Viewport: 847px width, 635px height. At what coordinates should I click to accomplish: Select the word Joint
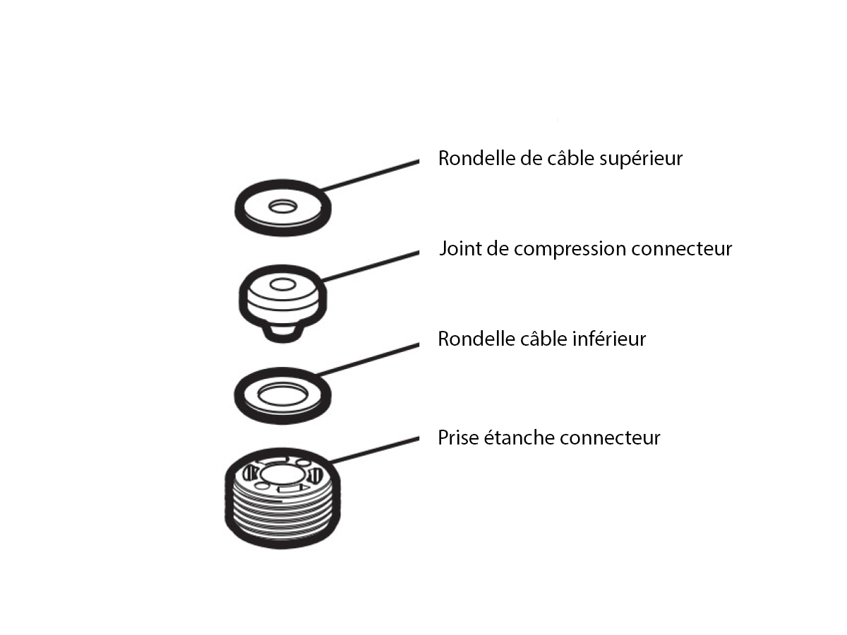click(x=457, y=249)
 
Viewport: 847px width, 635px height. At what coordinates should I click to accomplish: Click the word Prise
click(x=458, y=437)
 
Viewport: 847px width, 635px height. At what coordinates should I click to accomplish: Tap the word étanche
click(x=519, y=437)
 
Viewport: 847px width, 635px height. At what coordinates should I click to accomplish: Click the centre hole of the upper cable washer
click(x=282, y=206)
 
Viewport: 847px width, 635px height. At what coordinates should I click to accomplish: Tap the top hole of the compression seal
click(x=283, y=286)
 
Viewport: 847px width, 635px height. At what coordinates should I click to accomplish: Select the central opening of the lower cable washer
click(x=282, y=392)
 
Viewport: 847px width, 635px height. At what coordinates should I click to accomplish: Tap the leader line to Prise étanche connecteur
click(x=374, y=449)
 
